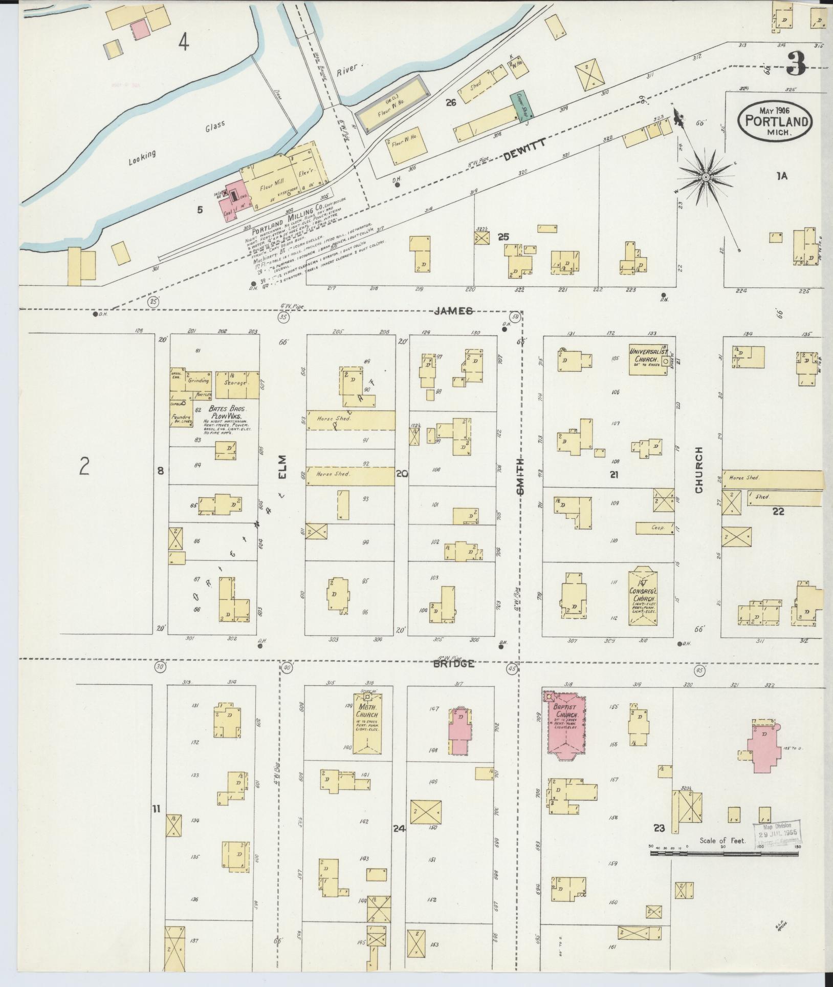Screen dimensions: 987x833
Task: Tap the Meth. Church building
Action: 367,723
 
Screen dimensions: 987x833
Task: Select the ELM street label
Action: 283,466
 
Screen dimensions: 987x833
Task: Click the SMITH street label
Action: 520,476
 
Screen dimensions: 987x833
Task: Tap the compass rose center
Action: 705,177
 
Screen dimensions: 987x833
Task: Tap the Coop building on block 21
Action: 654,528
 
